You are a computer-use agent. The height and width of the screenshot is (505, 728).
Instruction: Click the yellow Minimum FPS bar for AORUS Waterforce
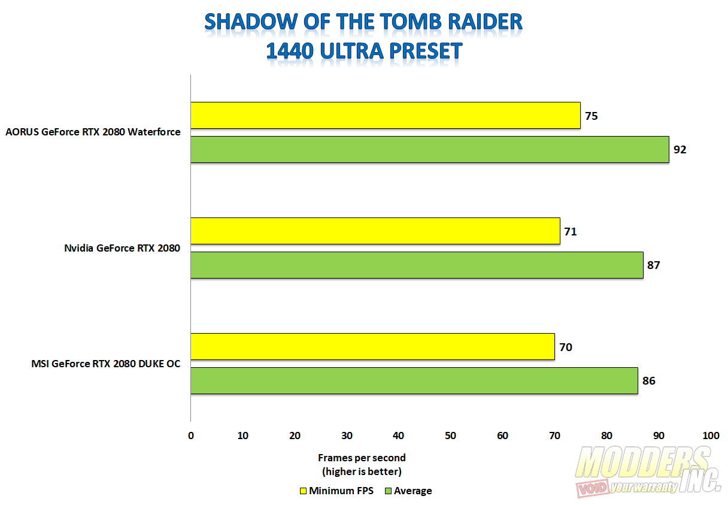[x=386, y=116]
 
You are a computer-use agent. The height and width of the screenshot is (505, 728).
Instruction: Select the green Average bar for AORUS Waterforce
[x=430, y=149]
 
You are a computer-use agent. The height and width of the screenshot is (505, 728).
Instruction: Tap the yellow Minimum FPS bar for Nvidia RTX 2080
[x=375, y=231]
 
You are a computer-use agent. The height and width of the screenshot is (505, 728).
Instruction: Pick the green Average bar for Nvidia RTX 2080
[x=417, y=265]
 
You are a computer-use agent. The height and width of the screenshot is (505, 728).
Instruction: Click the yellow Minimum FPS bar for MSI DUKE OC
[x=372, y=347]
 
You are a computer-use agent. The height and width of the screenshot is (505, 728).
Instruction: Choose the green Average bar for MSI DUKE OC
[x=414, y=381]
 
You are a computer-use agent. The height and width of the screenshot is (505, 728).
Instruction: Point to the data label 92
[x=680, y=150]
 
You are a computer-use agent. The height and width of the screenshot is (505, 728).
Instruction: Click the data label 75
[x=591, y=116]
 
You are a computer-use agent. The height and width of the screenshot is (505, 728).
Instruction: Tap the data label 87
[x=654, y=265]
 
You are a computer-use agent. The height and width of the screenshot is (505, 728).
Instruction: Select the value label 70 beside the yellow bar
[x=566, y=347]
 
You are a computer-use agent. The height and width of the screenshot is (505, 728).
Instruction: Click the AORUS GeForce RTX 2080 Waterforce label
[x=93, y=132]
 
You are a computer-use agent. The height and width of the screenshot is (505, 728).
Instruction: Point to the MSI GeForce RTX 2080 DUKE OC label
[x=105, y=364]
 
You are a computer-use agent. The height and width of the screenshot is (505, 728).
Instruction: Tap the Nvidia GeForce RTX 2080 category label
[x=122, y=248]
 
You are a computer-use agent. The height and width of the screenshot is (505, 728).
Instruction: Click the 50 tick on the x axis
[x=450, y=436]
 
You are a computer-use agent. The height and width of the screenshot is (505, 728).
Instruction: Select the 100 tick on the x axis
[x=711, y=436]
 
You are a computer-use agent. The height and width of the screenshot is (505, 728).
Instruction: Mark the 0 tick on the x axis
[x=191, y=436]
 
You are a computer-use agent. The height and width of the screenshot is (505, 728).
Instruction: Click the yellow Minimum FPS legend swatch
[x=303, y=491]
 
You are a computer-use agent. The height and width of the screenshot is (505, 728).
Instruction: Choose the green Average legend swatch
[x=388, y=491]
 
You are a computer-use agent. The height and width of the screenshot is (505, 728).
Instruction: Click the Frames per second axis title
[x=362, y=458]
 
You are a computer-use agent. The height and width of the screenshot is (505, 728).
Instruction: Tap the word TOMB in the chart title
[x=411, y=22]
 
